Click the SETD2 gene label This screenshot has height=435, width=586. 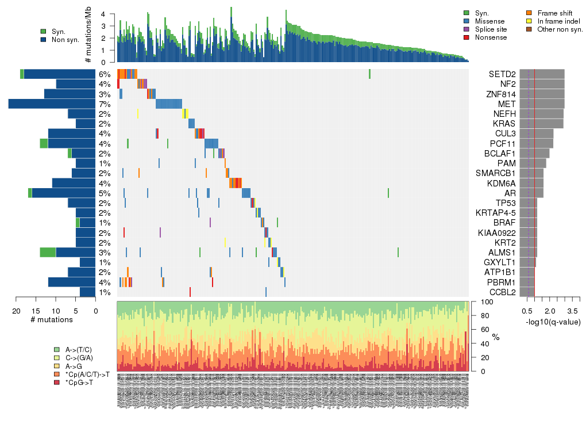click(502, 74)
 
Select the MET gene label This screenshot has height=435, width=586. click(507, 104)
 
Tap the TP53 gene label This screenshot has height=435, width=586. click(506, 203)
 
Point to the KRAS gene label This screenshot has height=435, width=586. click(504, 124)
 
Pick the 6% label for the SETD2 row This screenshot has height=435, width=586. click(103, 74)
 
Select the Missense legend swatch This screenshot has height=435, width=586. click(467, 21)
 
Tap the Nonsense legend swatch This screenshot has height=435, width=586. click(467, 37)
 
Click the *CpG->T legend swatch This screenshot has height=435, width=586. click(57, 382)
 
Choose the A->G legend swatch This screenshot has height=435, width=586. click(57, 366)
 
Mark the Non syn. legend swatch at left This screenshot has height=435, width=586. click(44, 40)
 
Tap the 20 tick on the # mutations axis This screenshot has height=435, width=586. click(16, 311)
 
